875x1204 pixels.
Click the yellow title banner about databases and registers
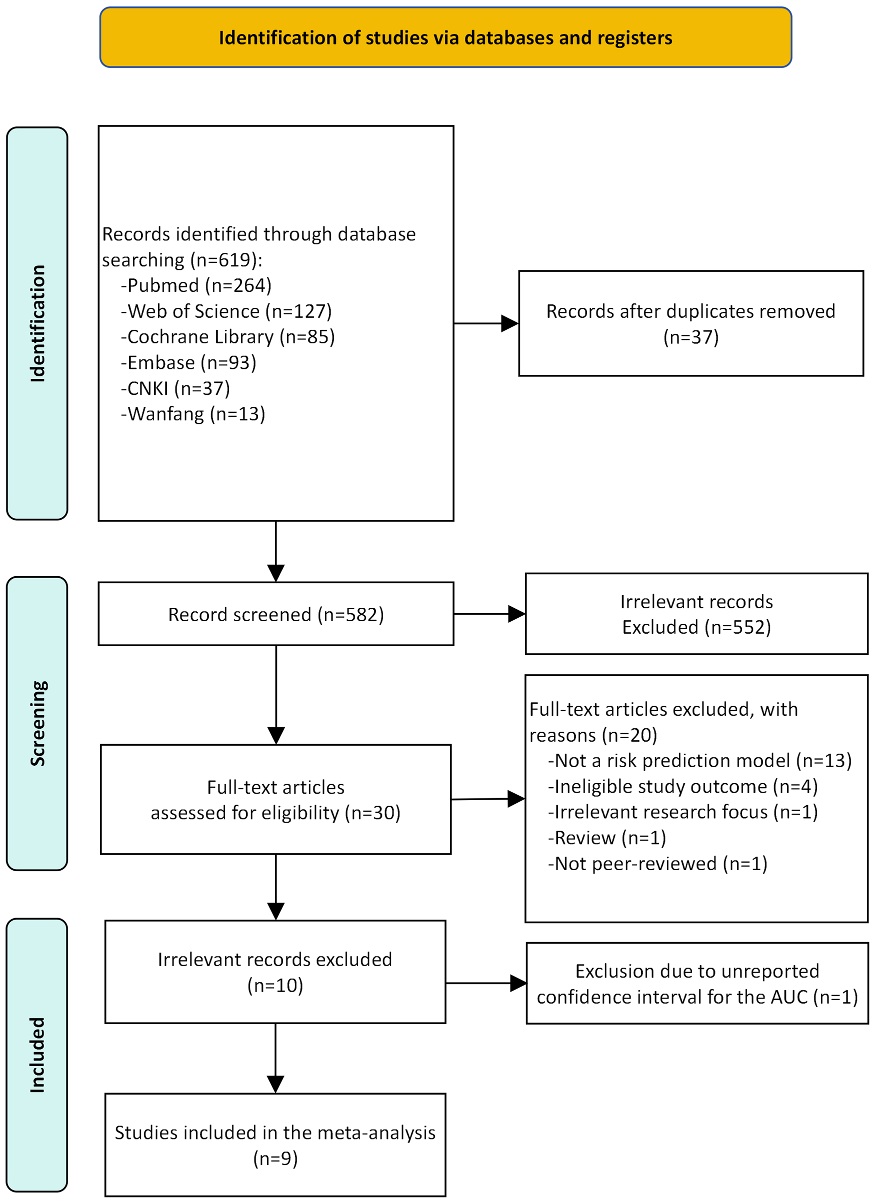pyautogui.click(x=445, y=37)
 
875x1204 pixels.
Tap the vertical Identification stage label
pyautogui.click(x=37, y=323)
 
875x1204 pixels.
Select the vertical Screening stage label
pyautogui.click(x=37, y=723)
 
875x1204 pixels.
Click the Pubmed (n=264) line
pyautogui.click(x=196, y=285)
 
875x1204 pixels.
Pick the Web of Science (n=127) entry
pyautogui.click(x=226, y=311)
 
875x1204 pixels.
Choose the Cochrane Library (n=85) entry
pyautogui.click(x=228, y=336)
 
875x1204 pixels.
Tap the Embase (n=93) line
pyautogui.click(x=189, y=362)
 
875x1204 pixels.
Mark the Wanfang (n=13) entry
pyautogui.click(x=193, y=413)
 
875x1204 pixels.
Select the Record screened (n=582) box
pyautogui.click(x=275, y=614)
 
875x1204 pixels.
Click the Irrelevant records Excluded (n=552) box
pyautogui.click(x=696, y=614)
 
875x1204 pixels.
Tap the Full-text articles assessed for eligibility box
pyautogui.click(x=275, y=800)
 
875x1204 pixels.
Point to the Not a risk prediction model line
pyautogui.click(x=699, y=761)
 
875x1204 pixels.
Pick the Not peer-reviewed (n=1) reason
pyautogui.click(x=657, y=864)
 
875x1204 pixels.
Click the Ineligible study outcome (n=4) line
pyautogui.click(x=682, y=786)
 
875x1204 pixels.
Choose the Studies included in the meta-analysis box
pyautogui.click(x=275, y=1145)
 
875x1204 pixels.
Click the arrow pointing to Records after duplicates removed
pyautogui.click(x=486, y=323)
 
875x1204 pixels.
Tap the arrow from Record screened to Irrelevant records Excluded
pyautogui.click(x=489, y=614)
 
